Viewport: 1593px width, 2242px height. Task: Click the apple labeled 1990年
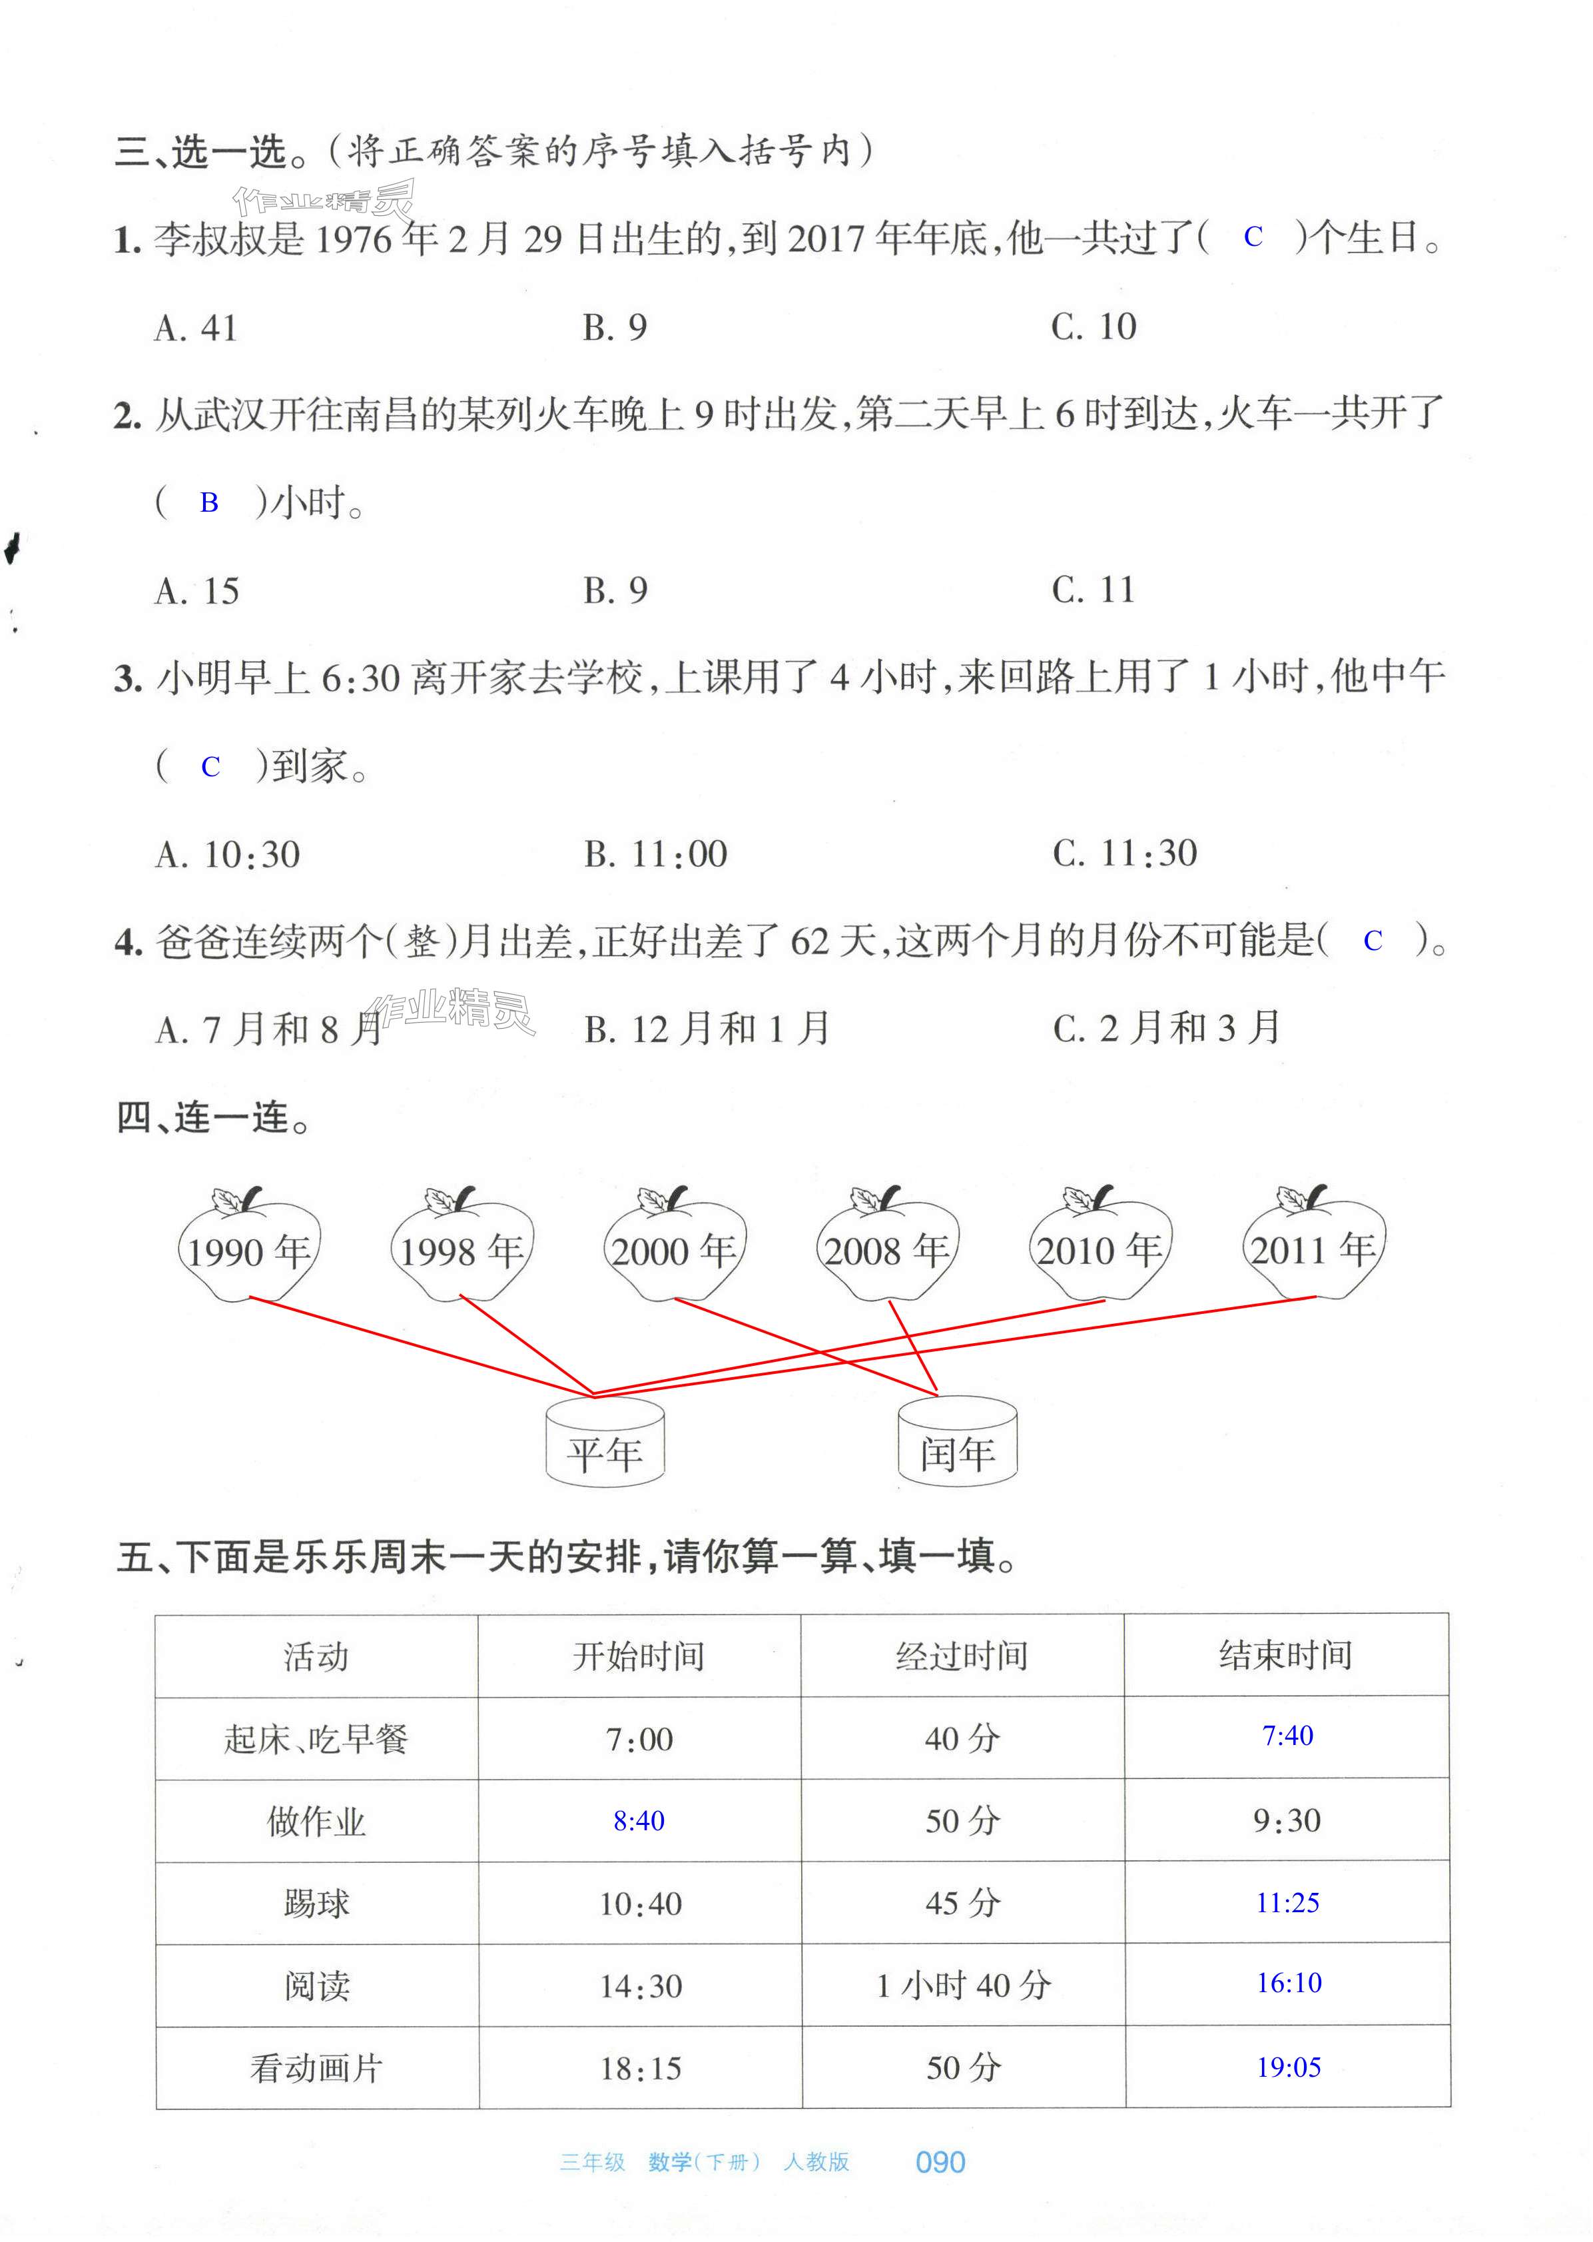click(x=249, y=1248)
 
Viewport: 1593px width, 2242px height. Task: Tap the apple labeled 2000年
click(x=674, y=1248)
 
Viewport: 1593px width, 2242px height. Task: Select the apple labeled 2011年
click(x=1313, y=1247)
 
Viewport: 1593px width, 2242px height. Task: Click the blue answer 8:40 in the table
click(x=639, y=1821)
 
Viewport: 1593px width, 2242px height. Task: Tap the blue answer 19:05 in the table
click(x=1288, y=2067)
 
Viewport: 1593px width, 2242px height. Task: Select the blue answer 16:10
click(x=1288, y=1983)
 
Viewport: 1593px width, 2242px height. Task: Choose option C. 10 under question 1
click(x=1093, y=326)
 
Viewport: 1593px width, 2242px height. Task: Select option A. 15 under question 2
click(x=197, y=591)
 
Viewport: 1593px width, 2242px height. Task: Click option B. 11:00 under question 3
click(x=655, y=853)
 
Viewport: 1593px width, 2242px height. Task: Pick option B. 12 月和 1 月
click(x=706, y=1028)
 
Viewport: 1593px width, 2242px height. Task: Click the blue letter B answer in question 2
click(x=209, y=503)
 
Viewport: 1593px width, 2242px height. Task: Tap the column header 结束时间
click(x=1285, y=1655)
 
